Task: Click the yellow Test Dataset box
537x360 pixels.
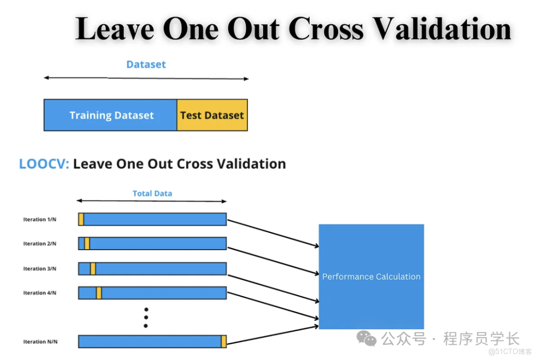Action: [212, 115]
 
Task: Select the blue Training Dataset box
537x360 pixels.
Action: [110, 115]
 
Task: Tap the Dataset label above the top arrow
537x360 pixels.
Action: [146, 65]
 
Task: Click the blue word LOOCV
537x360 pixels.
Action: [44, 164]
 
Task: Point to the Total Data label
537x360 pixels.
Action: [153, 193]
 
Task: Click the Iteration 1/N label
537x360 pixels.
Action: [40, 219]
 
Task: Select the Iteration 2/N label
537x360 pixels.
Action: [40, 244]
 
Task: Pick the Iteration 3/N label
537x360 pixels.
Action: [40, 269]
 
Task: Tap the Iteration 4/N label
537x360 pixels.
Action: [40, 293]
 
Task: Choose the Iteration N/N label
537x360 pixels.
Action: [40, 342]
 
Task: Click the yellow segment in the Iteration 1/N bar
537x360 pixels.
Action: [81, 219]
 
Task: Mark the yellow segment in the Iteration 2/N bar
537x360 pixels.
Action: [87, 244]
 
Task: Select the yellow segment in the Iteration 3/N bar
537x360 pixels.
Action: [93, 269]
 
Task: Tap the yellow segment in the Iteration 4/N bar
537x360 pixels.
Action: [99, 293]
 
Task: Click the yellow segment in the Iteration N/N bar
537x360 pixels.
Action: [224, 342]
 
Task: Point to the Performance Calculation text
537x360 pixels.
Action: [371, 276]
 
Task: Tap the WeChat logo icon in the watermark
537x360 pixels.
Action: [366, 339]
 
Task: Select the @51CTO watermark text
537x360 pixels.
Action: [510, 352]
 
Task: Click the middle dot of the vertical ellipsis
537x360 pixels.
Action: [146, 318]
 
